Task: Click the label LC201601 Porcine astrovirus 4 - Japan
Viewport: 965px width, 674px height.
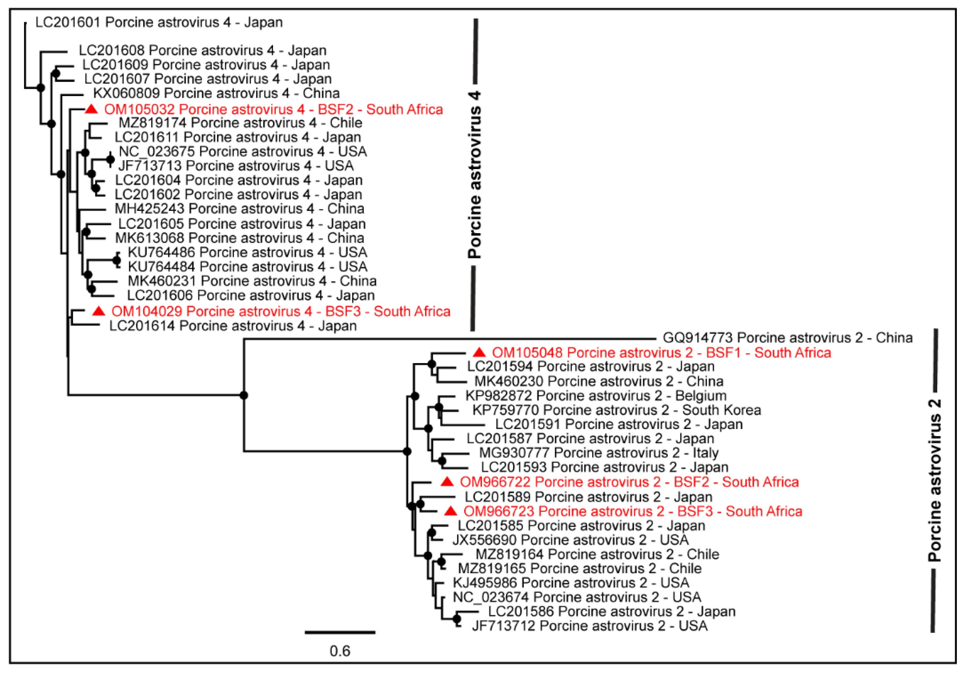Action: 159,22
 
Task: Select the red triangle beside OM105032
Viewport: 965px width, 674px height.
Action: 92,109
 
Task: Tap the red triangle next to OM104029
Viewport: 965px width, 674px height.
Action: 99,311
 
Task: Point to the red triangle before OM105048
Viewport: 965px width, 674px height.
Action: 480,352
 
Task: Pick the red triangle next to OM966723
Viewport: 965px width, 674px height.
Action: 451,511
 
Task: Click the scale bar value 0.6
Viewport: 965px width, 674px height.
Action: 340,651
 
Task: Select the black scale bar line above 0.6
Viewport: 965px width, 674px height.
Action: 340,632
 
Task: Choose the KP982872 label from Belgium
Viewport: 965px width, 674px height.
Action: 596,395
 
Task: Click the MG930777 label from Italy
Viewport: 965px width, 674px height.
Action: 599,452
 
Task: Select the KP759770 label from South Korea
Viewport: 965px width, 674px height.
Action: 616,410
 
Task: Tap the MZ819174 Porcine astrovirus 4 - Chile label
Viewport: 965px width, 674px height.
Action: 240,123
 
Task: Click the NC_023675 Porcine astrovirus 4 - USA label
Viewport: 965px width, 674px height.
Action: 242,151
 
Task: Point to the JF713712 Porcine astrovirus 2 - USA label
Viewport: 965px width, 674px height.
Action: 590,626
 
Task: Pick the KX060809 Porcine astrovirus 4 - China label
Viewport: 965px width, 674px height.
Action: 216,93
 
